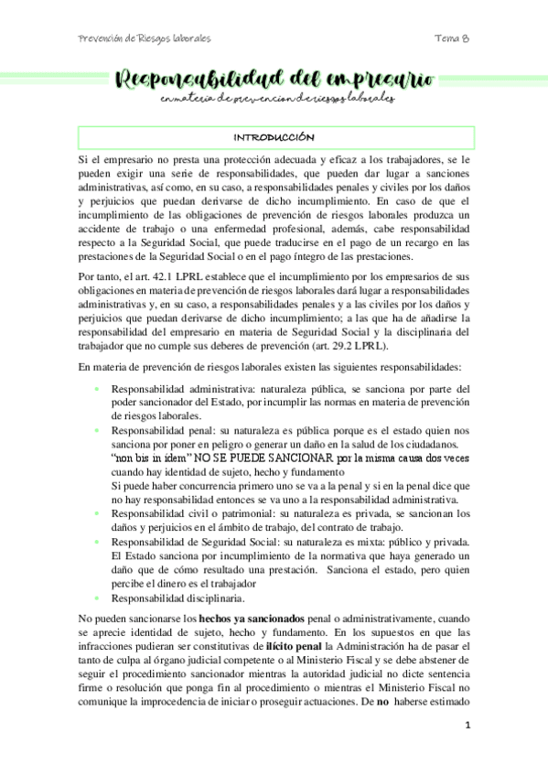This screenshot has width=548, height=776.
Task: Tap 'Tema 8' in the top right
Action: coord(452,39)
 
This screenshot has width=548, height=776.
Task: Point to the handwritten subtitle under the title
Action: coord(274,98)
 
